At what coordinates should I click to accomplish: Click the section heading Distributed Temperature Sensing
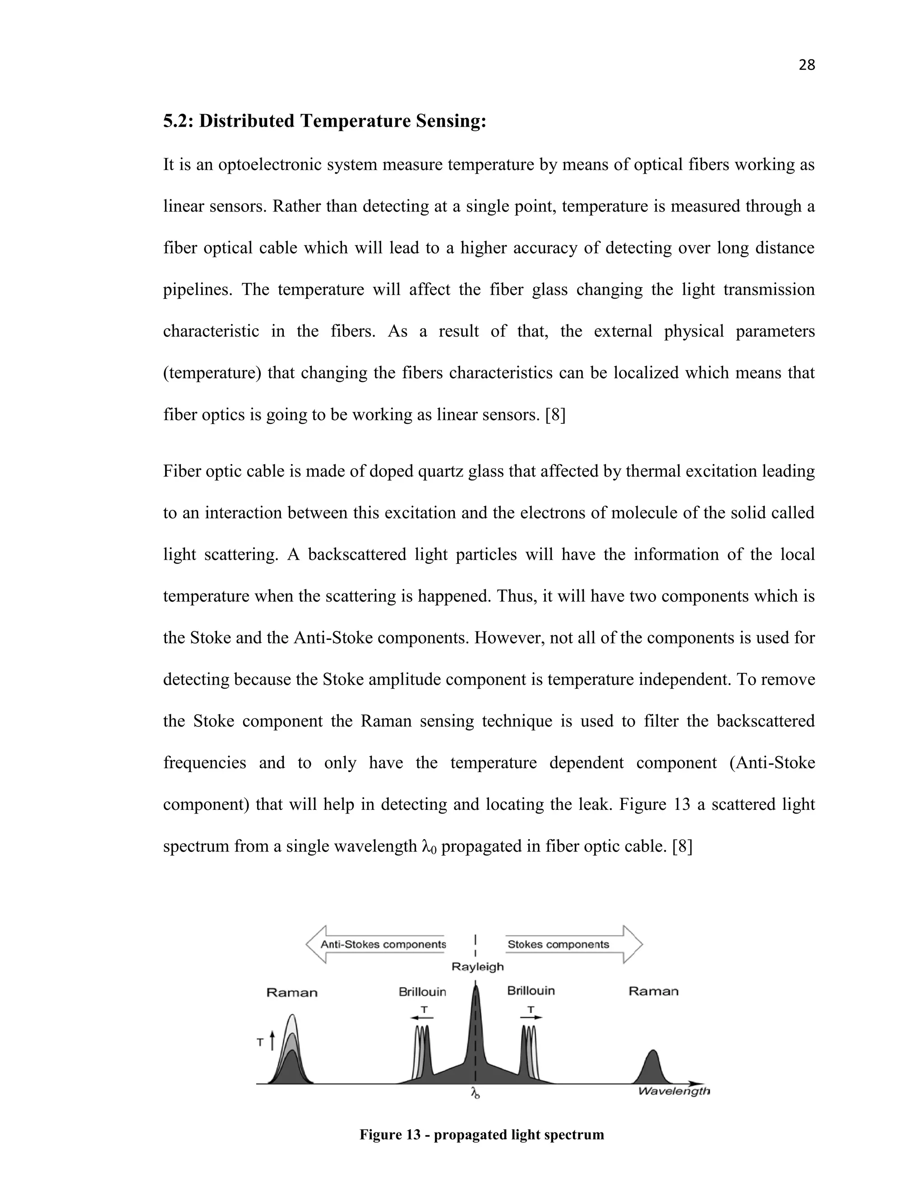324,121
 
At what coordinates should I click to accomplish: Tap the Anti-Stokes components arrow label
383,944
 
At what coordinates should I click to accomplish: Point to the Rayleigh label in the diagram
477,967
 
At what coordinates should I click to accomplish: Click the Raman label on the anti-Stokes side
292,993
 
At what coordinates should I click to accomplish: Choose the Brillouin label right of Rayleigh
531,991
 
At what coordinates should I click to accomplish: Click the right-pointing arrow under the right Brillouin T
531,1017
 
